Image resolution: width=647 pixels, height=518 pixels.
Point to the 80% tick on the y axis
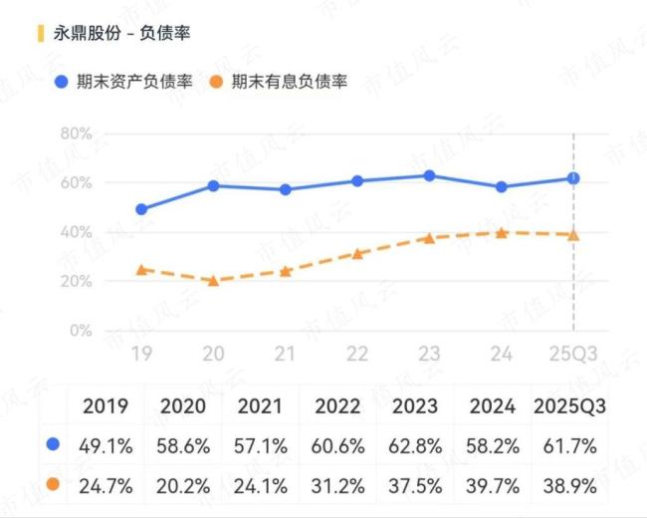[x=76, y=133]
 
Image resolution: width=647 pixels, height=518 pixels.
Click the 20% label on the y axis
[x=76, y=282]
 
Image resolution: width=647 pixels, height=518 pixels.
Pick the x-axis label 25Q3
[x=572, y=354]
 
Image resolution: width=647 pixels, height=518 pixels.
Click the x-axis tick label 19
[x=141, y=354]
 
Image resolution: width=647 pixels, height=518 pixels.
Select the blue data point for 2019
[x=141, y=209]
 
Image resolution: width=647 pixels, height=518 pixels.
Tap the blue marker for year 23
[x=429, y=175]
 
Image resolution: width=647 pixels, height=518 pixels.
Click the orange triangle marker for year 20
[x=213, y=281]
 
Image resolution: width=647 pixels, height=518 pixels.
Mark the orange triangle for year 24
[x=502, y=232]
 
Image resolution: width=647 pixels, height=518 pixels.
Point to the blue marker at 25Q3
[x=573, y=178]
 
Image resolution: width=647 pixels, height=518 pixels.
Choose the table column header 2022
[x=337, y=406]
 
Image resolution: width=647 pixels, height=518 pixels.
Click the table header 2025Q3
[x=570, y=406]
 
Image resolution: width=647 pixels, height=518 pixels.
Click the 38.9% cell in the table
[x=570, y=486]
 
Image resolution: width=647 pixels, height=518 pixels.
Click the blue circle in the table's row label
[x=53, y=445]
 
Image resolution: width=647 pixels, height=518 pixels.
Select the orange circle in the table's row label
[x=53, y=486]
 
